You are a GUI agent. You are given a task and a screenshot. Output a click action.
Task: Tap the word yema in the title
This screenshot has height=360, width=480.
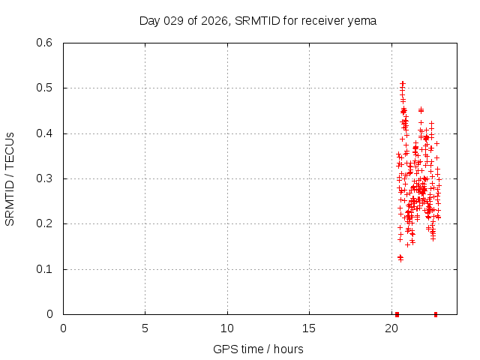click(x=362, y=20)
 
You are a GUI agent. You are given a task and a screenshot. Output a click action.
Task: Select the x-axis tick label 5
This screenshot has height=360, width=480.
click(x=145, y=328)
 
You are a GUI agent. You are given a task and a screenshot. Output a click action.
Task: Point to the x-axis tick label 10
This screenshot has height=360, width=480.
click(x=227, y=328)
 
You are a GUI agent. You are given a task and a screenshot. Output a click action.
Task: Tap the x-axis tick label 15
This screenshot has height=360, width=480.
click(x=309, y=328)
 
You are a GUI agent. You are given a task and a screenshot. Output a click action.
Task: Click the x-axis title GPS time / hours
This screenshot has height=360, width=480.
click(x=258, y=349)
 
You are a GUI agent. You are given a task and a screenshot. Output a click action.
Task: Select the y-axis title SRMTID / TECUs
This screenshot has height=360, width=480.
click(x=10, y=179)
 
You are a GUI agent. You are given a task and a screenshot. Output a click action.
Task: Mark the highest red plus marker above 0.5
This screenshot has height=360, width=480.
click(x=403, y=83)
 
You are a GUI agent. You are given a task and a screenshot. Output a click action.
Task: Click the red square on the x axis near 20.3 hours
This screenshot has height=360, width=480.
click(x=397, y=314)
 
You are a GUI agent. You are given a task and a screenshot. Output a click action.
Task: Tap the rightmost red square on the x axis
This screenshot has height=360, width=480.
click(x=436, y=314)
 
